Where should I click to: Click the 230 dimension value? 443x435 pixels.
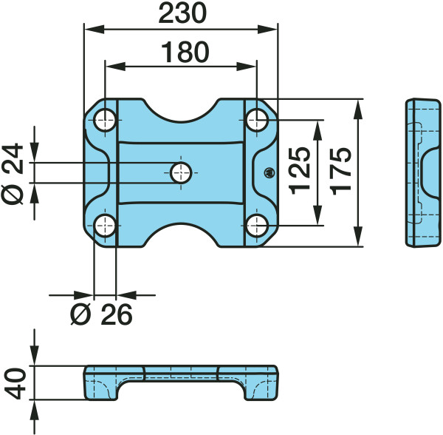coord(182,13)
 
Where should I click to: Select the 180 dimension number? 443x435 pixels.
coord(185,52)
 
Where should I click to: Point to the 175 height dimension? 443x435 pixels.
coord(341,171)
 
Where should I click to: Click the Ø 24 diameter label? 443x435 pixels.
coord(13,174)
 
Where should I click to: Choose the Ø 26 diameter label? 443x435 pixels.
coord(101,314)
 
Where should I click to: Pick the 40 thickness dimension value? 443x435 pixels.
coord(16,383)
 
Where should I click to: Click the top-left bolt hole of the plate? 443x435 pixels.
coord(105,120)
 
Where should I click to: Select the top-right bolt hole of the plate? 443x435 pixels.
coord(256,120)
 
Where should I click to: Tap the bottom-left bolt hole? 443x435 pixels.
coord(105,226)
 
